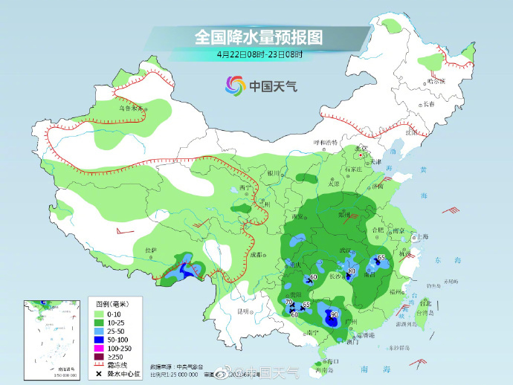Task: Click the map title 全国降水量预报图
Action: tap(258, 36)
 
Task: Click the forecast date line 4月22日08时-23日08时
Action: tap(259, 54)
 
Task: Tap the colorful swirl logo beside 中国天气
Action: tap(235, 85)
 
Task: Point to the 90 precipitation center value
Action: tap(335, 314)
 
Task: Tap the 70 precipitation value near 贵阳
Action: tap(288, 302)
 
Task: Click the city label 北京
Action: tap(362, 149)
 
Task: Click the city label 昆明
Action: tap(244, 311)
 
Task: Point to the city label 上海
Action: tap(423, 236)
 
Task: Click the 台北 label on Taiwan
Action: tap(425, 303)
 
